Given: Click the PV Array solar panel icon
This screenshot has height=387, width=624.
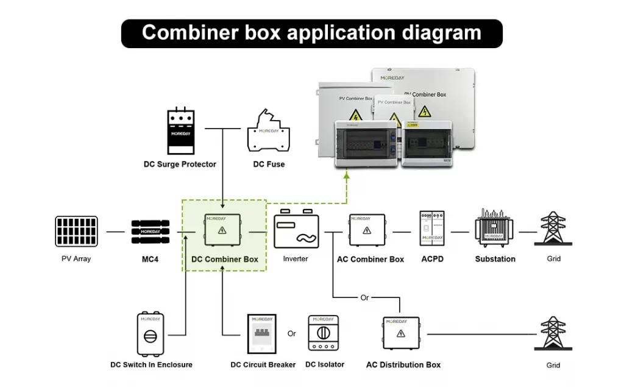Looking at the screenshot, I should point(76,232).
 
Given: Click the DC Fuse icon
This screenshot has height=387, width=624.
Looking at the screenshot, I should point(268,132).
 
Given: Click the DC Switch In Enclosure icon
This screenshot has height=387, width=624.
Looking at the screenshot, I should point(151,333).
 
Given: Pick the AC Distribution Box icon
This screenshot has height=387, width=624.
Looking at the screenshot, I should point(402,333).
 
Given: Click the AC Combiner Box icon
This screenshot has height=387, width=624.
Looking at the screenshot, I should point(367,230).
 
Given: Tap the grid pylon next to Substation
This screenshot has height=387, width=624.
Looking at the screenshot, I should point(553,229).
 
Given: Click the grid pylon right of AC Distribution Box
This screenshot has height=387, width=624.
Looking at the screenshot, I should point(553,333).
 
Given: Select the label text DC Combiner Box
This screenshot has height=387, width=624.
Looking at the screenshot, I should point(225,260).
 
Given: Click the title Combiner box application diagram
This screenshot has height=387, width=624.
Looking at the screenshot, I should point(311,33).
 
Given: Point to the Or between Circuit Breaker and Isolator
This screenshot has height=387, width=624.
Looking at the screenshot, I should point(292,334).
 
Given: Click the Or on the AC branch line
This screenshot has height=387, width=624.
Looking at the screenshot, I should point(364,298).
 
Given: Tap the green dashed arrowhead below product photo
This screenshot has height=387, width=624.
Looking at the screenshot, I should point(347,175).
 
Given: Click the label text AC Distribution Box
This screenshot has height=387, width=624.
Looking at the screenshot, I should point(403,365).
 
